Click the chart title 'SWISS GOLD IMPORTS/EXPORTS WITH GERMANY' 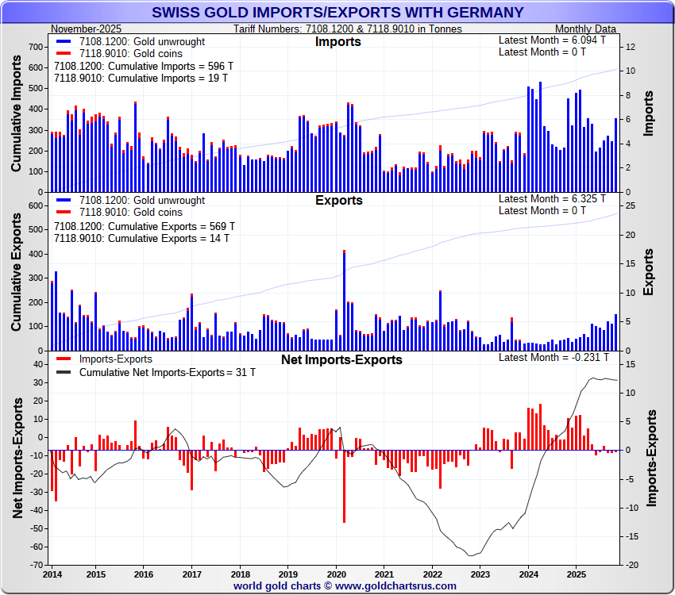(x=337, y=12)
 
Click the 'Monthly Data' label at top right (x=585, y=29)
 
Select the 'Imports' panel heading (x=337, y=41)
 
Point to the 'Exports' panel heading (x=339, y=200)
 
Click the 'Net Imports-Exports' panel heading (x=341, y=359)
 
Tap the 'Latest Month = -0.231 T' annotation (x=553, y=357)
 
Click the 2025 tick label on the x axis (x=577, y=574)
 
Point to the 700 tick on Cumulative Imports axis (x=36, y=47)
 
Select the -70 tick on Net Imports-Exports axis (x=36, y=566)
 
